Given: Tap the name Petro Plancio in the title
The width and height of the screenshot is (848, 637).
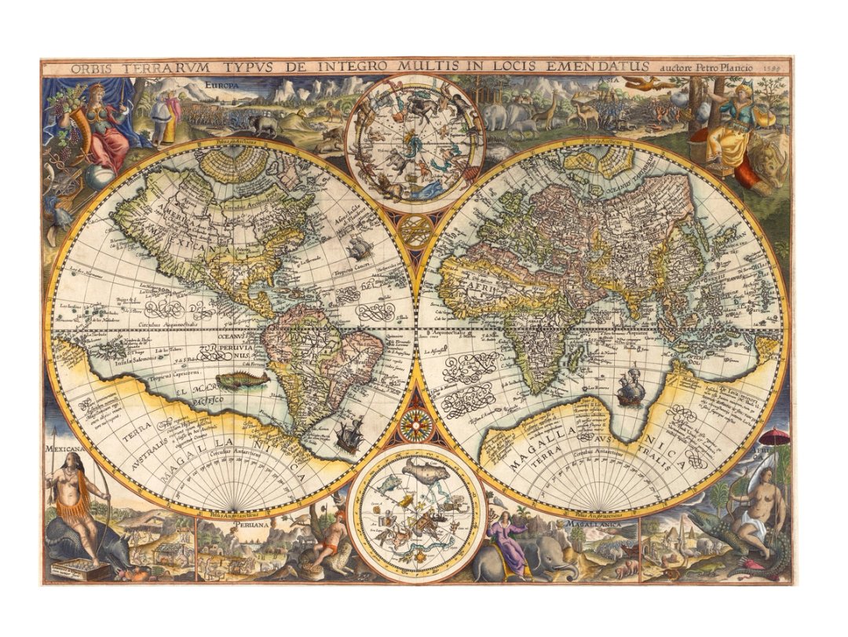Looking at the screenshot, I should point(721,68).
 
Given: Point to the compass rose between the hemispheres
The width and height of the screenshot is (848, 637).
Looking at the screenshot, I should point(414,425).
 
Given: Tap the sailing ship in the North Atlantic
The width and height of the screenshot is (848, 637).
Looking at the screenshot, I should point(360,249).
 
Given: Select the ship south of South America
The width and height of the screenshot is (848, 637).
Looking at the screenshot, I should point(349,434).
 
